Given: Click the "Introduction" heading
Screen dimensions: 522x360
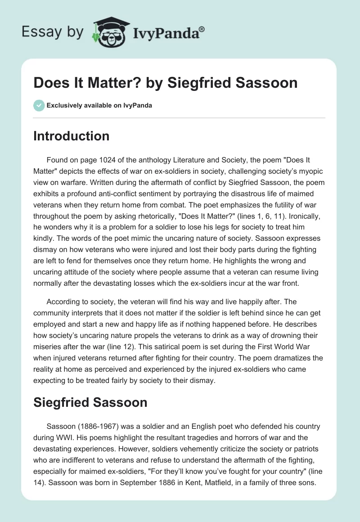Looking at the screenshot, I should point(71,136).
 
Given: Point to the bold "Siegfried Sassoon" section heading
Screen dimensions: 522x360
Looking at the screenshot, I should point(90,402).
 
